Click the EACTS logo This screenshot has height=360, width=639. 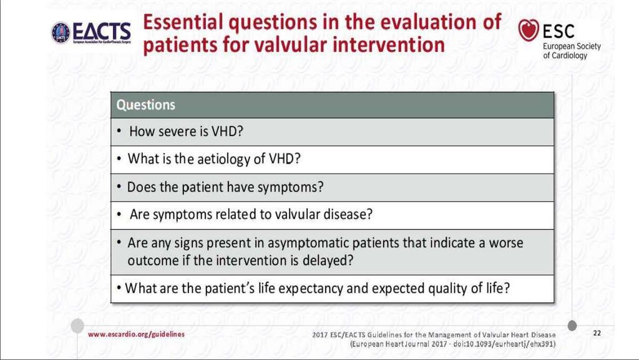click(x=91, y=32)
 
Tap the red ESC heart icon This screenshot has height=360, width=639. click(x=528, y=30)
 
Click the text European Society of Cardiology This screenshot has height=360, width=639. click(x=572, y=51)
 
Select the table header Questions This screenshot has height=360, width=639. click(x=145, y=105)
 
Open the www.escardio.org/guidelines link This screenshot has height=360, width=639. click(x=136, y=334)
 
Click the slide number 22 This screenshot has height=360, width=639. click(x=597, y=333)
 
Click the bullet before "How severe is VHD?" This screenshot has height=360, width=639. click(x=119, y=131)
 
